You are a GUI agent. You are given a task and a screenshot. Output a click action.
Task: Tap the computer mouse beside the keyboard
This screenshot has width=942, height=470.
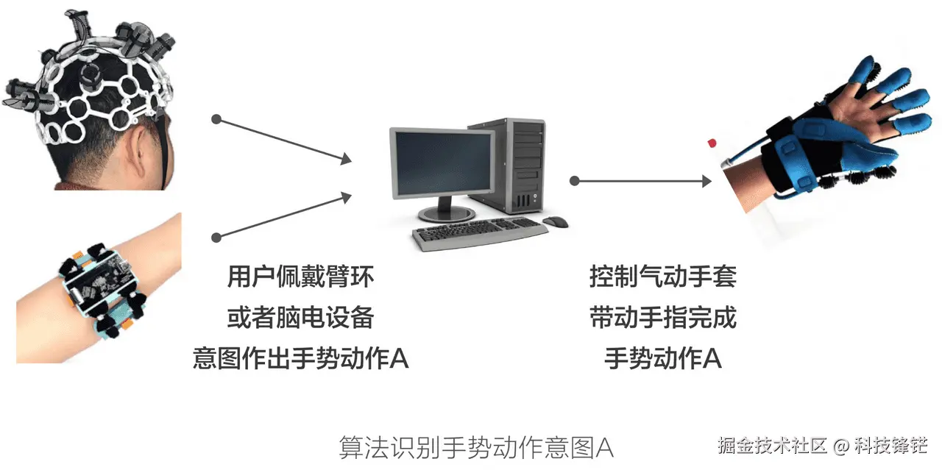tap(556, 221)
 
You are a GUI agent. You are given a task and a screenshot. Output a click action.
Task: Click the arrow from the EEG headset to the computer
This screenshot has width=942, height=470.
tap(283, 139)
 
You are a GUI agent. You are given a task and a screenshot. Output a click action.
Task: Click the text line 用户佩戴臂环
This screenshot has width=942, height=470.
tap(300, 277)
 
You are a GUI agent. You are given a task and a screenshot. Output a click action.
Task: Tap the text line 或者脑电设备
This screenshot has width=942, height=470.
tap(300, 318)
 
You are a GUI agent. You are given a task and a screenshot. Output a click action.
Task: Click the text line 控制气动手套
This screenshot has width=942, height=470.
tap(662, 277)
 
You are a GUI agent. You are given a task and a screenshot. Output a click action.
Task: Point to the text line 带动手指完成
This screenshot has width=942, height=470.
tap(662, 318)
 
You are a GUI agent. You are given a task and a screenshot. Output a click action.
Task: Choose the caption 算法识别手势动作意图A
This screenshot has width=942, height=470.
tap(475, 446)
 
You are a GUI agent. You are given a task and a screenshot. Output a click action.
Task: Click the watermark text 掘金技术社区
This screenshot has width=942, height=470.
tap(772, 445)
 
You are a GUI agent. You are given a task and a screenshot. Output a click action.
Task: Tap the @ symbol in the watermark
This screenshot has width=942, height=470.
tap(842, 446)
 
